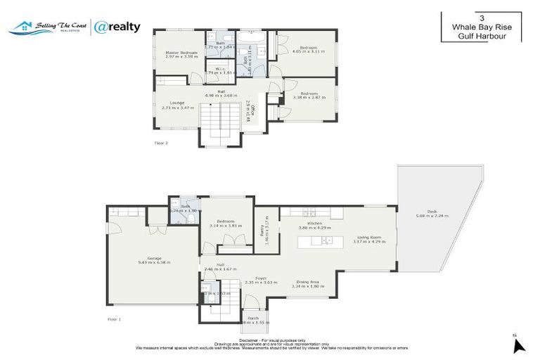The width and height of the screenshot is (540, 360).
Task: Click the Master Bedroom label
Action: pos(182,53)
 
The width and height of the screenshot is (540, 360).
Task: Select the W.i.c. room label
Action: pos(219,69)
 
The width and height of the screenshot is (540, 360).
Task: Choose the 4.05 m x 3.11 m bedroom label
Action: pos(308,48)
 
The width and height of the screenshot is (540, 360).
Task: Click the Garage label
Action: pos(155,258)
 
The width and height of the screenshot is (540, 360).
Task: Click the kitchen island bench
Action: pos(321,240)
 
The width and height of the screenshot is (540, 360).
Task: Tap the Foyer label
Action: pos(259,278)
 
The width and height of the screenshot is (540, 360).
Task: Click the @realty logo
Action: pos(117,27)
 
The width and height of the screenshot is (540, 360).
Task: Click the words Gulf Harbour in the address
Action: pos(481,36)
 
